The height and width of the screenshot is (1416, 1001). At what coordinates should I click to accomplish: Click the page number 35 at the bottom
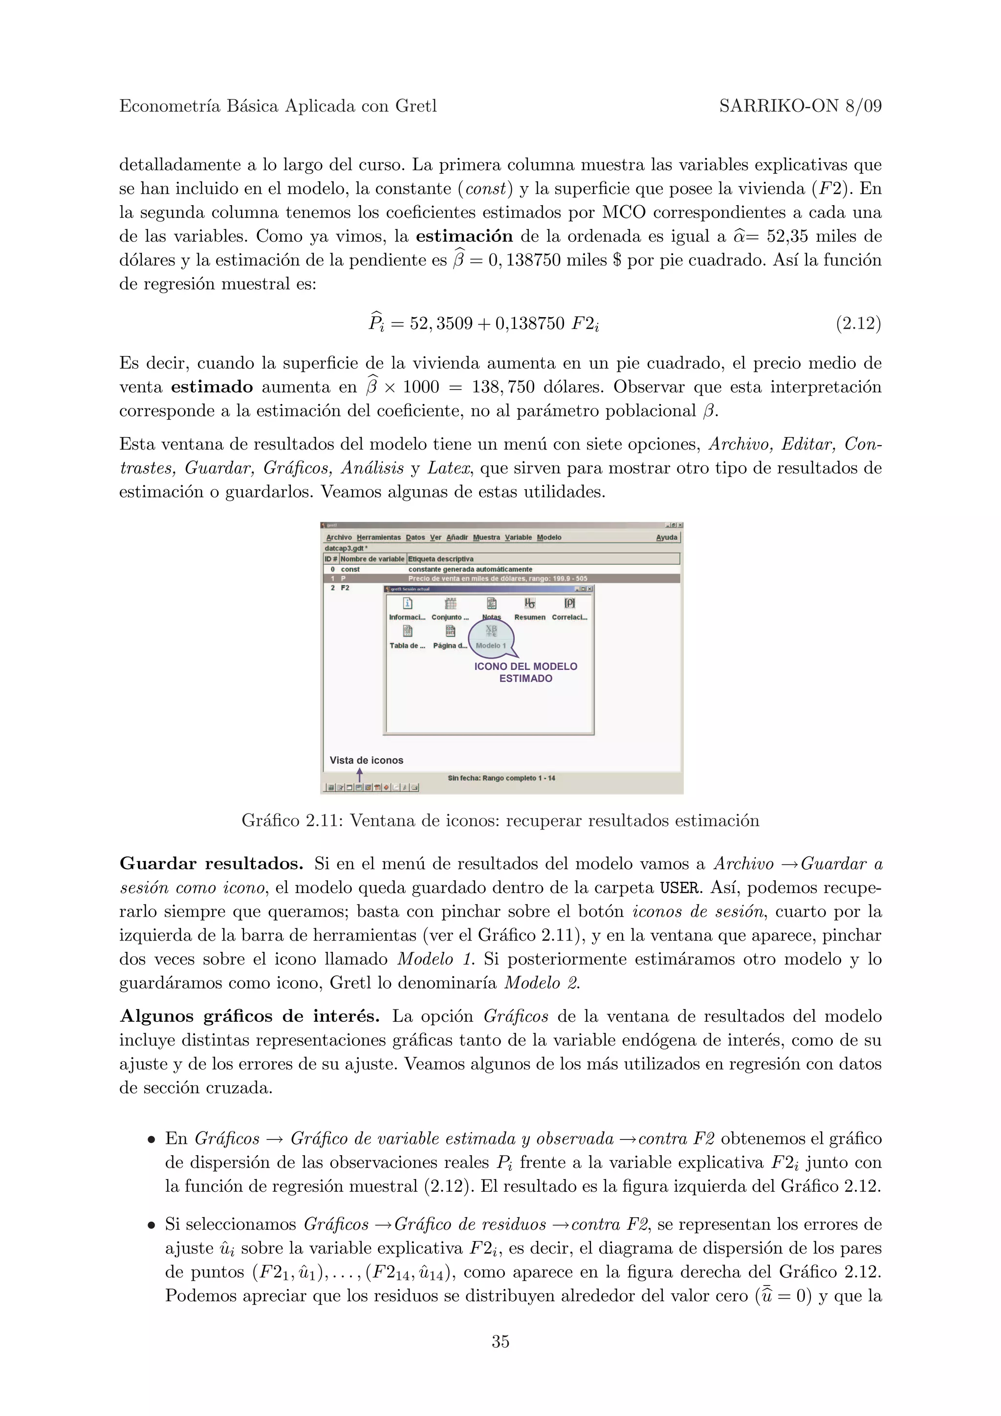tap(500, 1341)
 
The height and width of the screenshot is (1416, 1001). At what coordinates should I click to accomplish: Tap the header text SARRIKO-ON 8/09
tap(800, 107)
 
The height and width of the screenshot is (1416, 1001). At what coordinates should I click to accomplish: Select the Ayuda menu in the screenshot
tap(666, 537)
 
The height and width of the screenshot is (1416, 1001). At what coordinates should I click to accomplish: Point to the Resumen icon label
tap(530, 617)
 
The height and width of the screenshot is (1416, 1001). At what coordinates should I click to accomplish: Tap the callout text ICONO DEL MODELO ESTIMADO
tap(525, 672)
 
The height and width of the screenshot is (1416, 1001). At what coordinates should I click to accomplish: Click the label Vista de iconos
tap(367, 760)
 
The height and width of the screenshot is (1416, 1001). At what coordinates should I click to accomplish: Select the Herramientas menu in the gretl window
tap(379, 537)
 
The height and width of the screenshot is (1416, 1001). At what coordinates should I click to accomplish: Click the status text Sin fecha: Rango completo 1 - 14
tap(501, 778)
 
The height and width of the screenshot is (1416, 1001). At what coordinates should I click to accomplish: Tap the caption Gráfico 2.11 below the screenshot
tap(500, 821)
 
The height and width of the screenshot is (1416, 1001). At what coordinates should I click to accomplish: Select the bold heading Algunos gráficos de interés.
tap(249, 1016)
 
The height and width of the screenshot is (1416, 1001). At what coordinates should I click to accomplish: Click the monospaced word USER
tap(678, 888)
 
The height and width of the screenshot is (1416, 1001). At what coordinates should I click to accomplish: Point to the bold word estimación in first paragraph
tap(464, 236)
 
